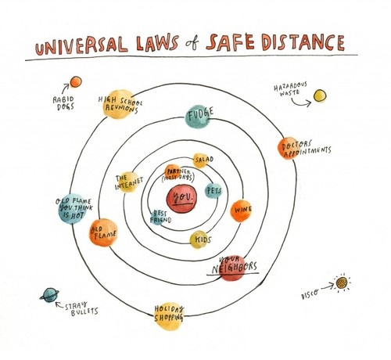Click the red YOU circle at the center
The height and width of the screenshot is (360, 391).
pyautogui.click(x=181, y=199)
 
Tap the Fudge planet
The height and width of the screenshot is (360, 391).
pyautogui.click(x=197, y=117)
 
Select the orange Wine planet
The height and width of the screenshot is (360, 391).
pyautogui.click(x=241, y=211)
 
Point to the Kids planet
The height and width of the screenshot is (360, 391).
pyautogui.click(x=199, y=239)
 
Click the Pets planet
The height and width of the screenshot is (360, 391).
pyautogui.click(x=213, y=191)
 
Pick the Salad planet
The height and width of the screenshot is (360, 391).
pyautogui.click(x=200, y=160)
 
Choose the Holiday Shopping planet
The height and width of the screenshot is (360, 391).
pyautogui.click(x=168, y=316)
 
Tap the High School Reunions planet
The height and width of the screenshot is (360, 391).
pyautogui.click(x=118, y=104)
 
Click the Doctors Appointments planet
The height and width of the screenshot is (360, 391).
pyautogui.click(x=289, y=148)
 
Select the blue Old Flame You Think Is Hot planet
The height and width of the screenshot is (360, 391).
pyautogui.click(x=72, y=209)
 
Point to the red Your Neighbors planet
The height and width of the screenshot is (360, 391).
pyautogui.click(x=232, y=268)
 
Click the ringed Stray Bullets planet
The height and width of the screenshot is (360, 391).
pyautogui.click(x=49, y=295)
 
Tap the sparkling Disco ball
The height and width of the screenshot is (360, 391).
pyautogui.click(x=342, y=283)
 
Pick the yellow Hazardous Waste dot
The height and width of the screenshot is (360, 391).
pyautogui.click(x=320, y=95)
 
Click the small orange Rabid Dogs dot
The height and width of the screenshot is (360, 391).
pyautogui.click(x=76, y=81)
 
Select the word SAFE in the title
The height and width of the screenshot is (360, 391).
pyautogui.click(x=230, y=42)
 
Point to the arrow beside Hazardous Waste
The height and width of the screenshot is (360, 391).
pyautogui.click(x=300, y=104)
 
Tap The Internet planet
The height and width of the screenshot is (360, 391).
pyautogui.click(x=127, y=182)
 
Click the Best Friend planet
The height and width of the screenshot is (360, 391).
pyautogui.click(x=157, y=218)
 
